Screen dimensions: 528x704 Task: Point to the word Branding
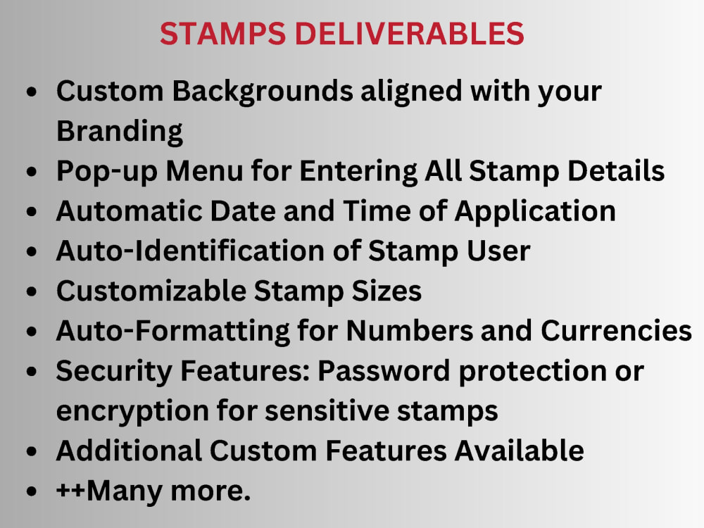pos(120,131)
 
